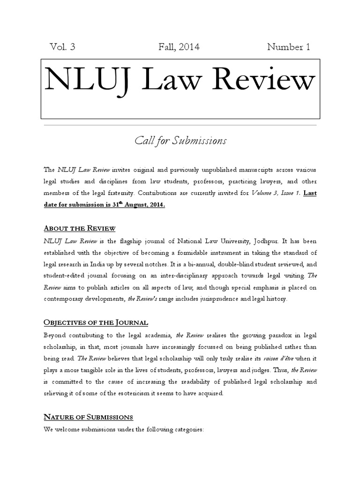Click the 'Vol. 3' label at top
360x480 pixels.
(62, 47)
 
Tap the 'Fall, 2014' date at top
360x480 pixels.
(180, 47)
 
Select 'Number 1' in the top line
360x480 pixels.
(288, 47)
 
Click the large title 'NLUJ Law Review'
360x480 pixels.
(180, 81)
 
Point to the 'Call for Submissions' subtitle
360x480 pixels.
(180, 140)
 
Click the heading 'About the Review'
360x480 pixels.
(79, 228)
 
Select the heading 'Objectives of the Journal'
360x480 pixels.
(96, 322)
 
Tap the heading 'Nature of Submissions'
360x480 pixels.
(88, 417)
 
